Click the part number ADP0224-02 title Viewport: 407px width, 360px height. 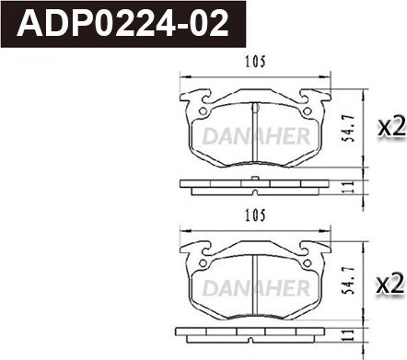pyautogui.click(x=122, y=24)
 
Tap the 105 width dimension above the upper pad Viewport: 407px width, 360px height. pyautogui.click(x=255, y=62)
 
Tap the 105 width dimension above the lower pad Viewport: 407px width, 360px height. pyautogui.click(x=255, y=215)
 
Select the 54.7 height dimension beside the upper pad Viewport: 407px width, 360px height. pyautogui.click(x=349, y=128)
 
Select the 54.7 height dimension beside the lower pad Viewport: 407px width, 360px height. pyautogui.click(x=349, y=280)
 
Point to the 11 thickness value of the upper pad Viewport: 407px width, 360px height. pyautogui.click(x=348, y=187)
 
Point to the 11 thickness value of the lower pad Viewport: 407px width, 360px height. pyautogui.click(x=348, y=335)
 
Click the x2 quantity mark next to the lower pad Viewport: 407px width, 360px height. pyautogui.click(x=390, y=285)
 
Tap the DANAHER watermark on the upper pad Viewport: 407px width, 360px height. pyautogui.click(x=256, y=136)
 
